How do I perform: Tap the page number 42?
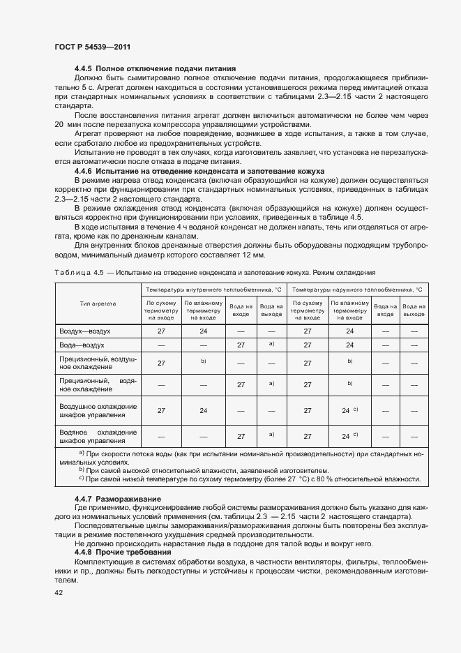click(x=59, y=592)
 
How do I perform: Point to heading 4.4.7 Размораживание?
click(x=118, y=500)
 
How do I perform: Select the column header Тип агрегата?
click(x=98, y=304)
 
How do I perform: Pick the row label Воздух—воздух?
click(x=85, y=332)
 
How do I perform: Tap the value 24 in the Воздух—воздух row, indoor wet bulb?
click(x=204, y=332)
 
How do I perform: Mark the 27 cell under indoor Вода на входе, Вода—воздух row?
click(x=241, y=345)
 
